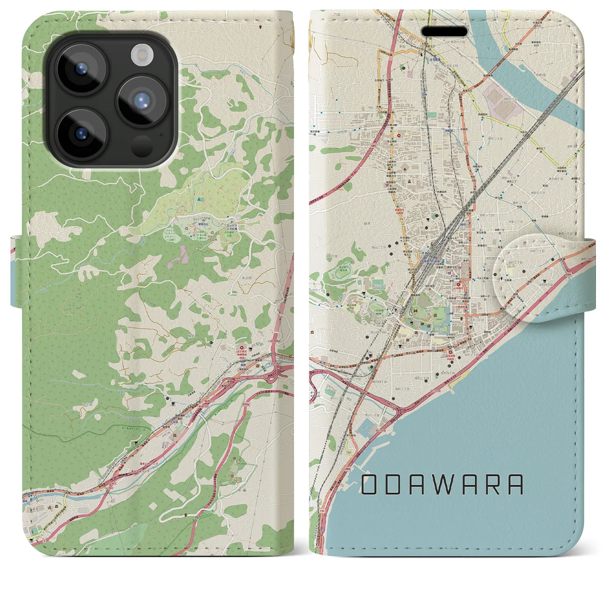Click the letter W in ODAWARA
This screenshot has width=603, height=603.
coord(442,484)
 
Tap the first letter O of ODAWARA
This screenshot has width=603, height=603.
coord(370,484)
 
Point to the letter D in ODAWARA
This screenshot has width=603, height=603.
coord(393,484)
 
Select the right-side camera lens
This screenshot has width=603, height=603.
coord(143,101)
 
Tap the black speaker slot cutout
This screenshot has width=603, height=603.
coord(444,31)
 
